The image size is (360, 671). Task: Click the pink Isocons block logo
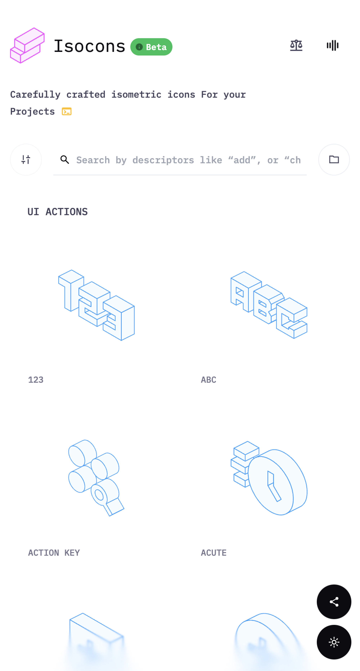(27, 45)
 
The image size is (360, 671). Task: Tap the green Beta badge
(151, 47)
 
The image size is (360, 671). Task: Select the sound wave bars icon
(332, 45)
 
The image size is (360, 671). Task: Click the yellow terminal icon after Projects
(67, 112)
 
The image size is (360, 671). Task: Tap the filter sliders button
(26, 159)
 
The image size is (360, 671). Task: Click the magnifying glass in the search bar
(65, 159)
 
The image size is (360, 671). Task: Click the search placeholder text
(188, 160)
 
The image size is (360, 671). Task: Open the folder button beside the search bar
(334, 159)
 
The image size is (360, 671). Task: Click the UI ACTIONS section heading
(58, 212)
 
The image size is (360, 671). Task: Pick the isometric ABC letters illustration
(269, 305)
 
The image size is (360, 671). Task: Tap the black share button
(334, 602)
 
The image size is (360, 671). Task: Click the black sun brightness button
(334, 642)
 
